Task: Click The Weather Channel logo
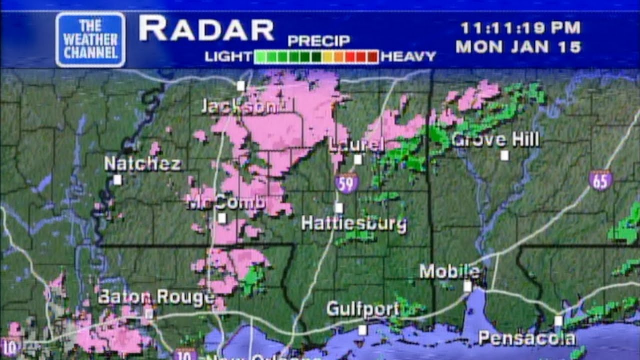point(90,39)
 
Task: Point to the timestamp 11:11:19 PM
point(520,28)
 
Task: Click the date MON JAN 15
point(519,47)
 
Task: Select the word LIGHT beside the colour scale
point(228,57)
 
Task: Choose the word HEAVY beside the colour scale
point(408,57)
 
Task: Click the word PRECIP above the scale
point(319,41)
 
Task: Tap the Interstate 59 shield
point(346,183)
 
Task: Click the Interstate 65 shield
point(600,180)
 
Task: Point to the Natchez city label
point(143,164)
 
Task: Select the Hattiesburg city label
point(354,223)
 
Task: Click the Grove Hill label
point(495,140)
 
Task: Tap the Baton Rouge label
point(156,297)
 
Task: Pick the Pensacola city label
point(527,338)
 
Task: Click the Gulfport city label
point(363,309)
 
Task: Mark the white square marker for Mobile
point(467,286)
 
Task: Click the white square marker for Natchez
point(117,180)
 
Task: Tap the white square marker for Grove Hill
point(505,155)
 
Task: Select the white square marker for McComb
point(222,218)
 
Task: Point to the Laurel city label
point(356,145)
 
